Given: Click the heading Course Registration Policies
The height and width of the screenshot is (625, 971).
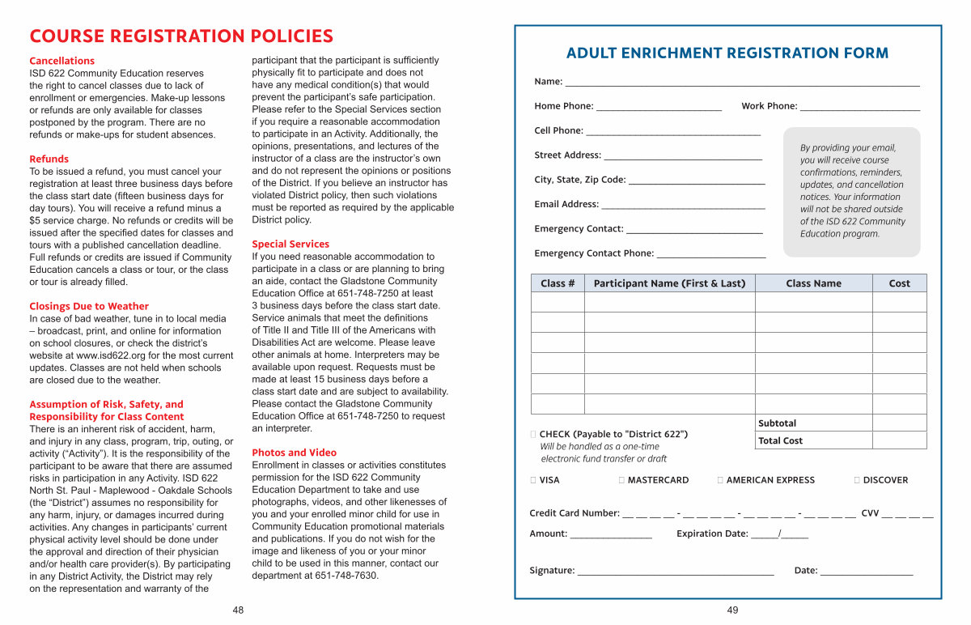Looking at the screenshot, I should (x=181, y=36).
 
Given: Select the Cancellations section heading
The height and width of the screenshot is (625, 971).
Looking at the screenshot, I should (x=62, y=61).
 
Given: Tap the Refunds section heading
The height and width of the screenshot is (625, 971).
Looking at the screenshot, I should (x=49, y=159).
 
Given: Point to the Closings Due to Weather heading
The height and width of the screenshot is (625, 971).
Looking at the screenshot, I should (x=89, y=306).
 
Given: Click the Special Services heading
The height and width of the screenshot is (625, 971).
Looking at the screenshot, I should (x=290, y=244).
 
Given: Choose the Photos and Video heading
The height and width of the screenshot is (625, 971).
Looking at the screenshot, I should (x=294, y=453).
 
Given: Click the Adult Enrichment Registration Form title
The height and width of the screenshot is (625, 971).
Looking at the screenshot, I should (x=727, y=53).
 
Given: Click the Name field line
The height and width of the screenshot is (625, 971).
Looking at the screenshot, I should (x=741, y=83).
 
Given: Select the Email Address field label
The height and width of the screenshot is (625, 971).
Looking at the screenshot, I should (x=566, y=204).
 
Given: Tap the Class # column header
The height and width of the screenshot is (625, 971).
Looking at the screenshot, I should (x=558, y=283).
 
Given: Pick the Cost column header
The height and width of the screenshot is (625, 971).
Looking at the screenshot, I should (x=899, y=283).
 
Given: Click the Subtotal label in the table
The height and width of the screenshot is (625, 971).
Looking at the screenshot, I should (x=777, y=423).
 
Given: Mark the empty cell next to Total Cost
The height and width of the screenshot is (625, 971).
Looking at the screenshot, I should (x=899, y=440).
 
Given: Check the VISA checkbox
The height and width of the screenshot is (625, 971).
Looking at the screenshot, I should (x=533, y=480).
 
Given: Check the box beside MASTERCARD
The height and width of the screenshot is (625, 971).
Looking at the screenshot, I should (x=621, y=480).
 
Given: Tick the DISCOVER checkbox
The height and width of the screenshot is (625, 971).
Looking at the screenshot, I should (x=857, y=480).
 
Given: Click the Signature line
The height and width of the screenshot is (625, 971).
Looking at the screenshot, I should (x=675, y=572).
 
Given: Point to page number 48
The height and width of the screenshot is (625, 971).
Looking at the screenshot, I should (x=238, y=610).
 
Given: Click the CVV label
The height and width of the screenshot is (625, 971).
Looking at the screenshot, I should (x=870, y=513).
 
